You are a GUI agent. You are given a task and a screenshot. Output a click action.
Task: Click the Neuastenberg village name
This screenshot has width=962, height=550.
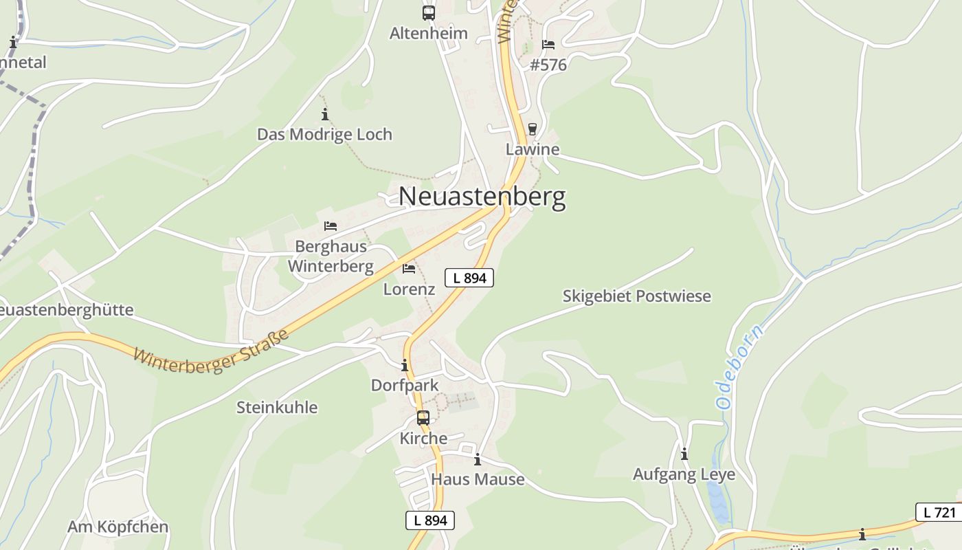pyautogui.click(x=482, y=197)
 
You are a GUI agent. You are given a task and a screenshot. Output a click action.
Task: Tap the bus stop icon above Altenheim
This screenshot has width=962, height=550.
pyautogui.click(x=429, y=12)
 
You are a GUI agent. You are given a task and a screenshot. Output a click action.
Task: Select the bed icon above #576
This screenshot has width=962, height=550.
pyautogui.click(x=548, y=45)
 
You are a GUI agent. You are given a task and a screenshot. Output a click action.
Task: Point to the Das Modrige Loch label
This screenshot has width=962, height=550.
pyautogui.click(x=324, y=134)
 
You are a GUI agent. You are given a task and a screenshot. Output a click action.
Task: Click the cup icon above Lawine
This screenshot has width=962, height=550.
pyautogui.click(x=532, y=129)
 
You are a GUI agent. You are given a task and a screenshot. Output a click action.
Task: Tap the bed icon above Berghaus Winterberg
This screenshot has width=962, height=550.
pyautogui.click(x=331, y=225)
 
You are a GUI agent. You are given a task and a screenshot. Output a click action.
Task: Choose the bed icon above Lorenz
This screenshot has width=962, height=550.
pyautogui.click(x=409, y=268)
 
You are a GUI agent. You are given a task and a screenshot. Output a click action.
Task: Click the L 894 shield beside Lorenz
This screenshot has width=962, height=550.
pyautogui.click(x=469, y=278)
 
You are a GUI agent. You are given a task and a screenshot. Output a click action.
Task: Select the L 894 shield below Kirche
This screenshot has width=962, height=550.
pyautogui.click(x=430, y=520)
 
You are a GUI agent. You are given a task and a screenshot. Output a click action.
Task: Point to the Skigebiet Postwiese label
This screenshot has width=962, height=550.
pyautogui.click(x=636, y=296)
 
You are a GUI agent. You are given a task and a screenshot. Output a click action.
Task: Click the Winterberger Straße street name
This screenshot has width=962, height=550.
pyautogui.click(x=210, y=353)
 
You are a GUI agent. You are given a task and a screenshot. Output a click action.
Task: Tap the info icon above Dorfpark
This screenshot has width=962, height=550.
pyautogui.click(x=405, y=365)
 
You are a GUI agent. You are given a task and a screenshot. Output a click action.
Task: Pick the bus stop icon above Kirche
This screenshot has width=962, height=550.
pyautogui.click(x=423, y=417)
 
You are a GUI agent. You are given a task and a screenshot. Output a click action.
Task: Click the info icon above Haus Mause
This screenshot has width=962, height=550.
pyautogui.click(x=478, y=459)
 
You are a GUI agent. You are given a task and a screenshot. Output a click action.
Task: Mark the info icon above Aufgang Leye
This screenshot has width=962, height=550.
pyautogui.click(x=684, y=454)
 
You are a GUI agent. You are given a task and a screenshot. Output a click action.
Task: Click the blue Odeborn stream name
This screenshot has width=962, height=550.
pyautogui.click(x=739, y=368)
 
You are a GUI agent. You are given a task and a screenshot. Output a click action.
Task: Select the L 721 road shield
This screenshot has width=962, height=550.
pyautogui.click(x=939, y=512)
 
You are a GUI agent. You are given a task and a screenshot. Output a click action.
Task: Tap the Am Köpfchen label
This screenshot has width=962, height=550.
pyautogui.click(x=118, y=527)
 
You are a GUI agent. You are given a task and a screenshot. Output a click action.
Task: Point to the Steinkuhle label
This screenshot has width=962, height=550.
pyautogui.click(x=277, y=408)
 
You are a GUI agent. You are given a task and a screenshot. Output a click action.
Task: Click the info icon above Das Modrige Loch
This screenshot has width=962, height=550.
pyautogui.click(x=325, y=114)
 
